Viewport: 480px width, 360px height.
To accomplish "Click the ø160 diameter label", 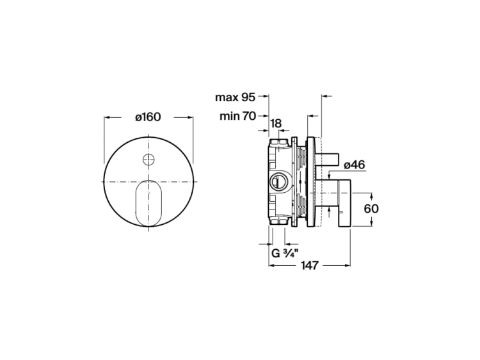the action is pyautogui.click(x=148, y=117).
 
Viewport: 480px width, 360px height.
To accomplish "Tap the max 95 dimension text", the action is pyautogui.click(x=235, y=97).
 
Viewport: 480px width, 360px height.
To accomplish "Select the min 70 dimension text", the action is pyautogui.click(x=237, y=116).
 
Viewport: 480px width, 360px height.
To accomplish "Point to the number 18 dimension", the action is pyautogui.click(x=276, y=124).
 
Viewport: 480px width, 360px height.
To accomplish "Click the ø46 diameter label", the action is pyautogui.click(x=355, y=165).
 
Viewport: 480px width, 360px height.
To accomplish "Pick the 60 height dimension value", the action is pyautogui.click(x=371, y=209).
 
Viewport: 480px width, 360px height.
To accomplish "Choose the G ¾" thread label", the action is pyautogui.click(x=285, y=254).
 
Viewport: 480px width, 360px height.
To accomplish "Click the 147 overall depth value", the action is pyautogui.click(x=310, y=265).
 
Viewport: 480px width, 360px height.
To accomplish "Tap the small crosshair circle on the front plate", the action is pyautogui.click(x=148, y=160).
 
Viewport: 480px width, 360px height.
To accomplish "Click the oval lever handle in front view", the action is pyautogui.click(x=148, y=203).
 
